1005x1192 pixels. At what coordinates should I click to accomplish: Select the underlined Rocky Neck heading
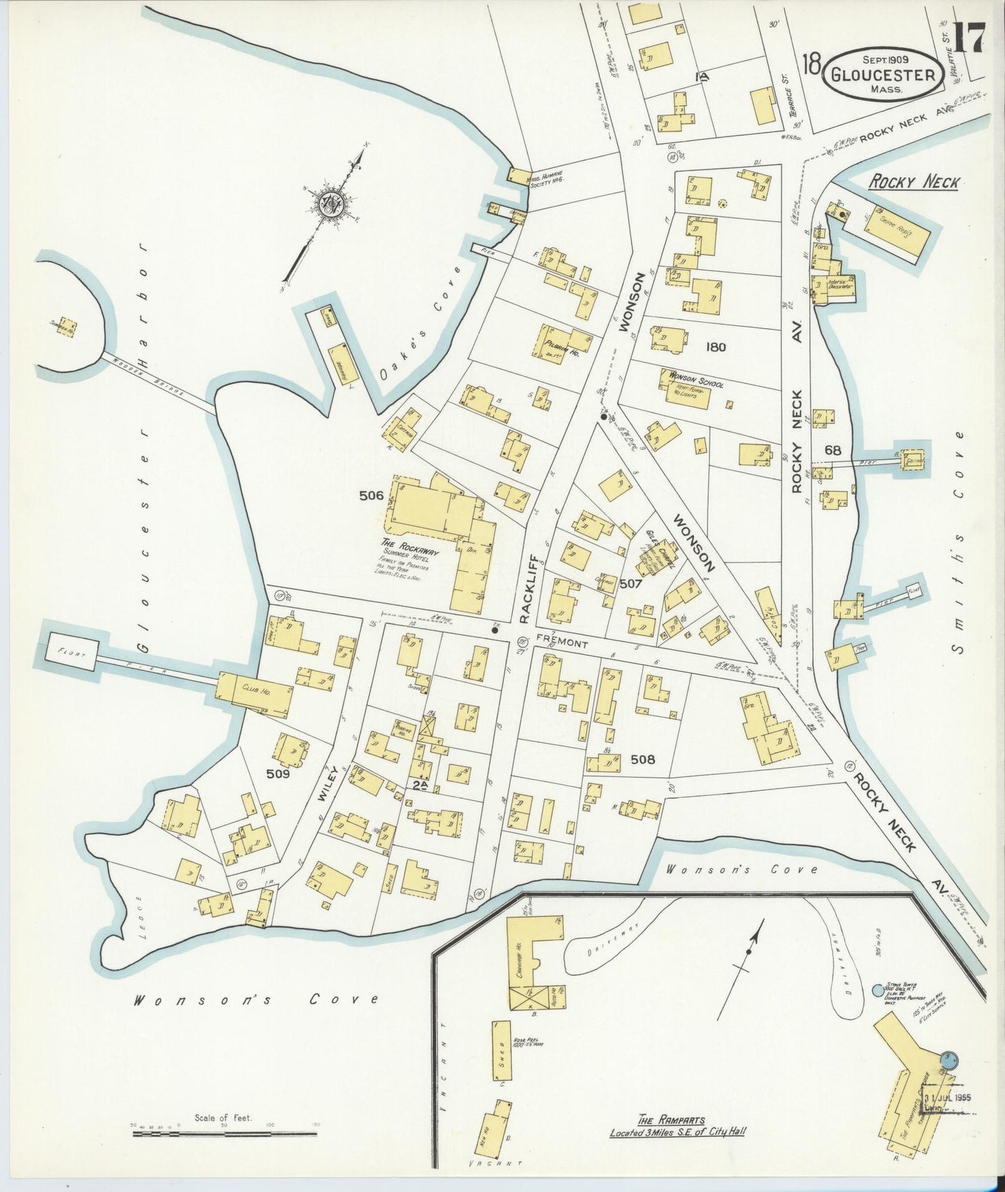coord(913,182)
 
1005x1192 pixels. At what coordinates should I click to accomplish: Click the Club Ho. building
coord(255,694)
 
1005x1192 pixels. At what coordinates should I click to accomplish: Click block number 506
coord(371,495)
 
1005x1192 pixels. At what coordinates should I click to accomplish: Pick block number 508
coord(642,759)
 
